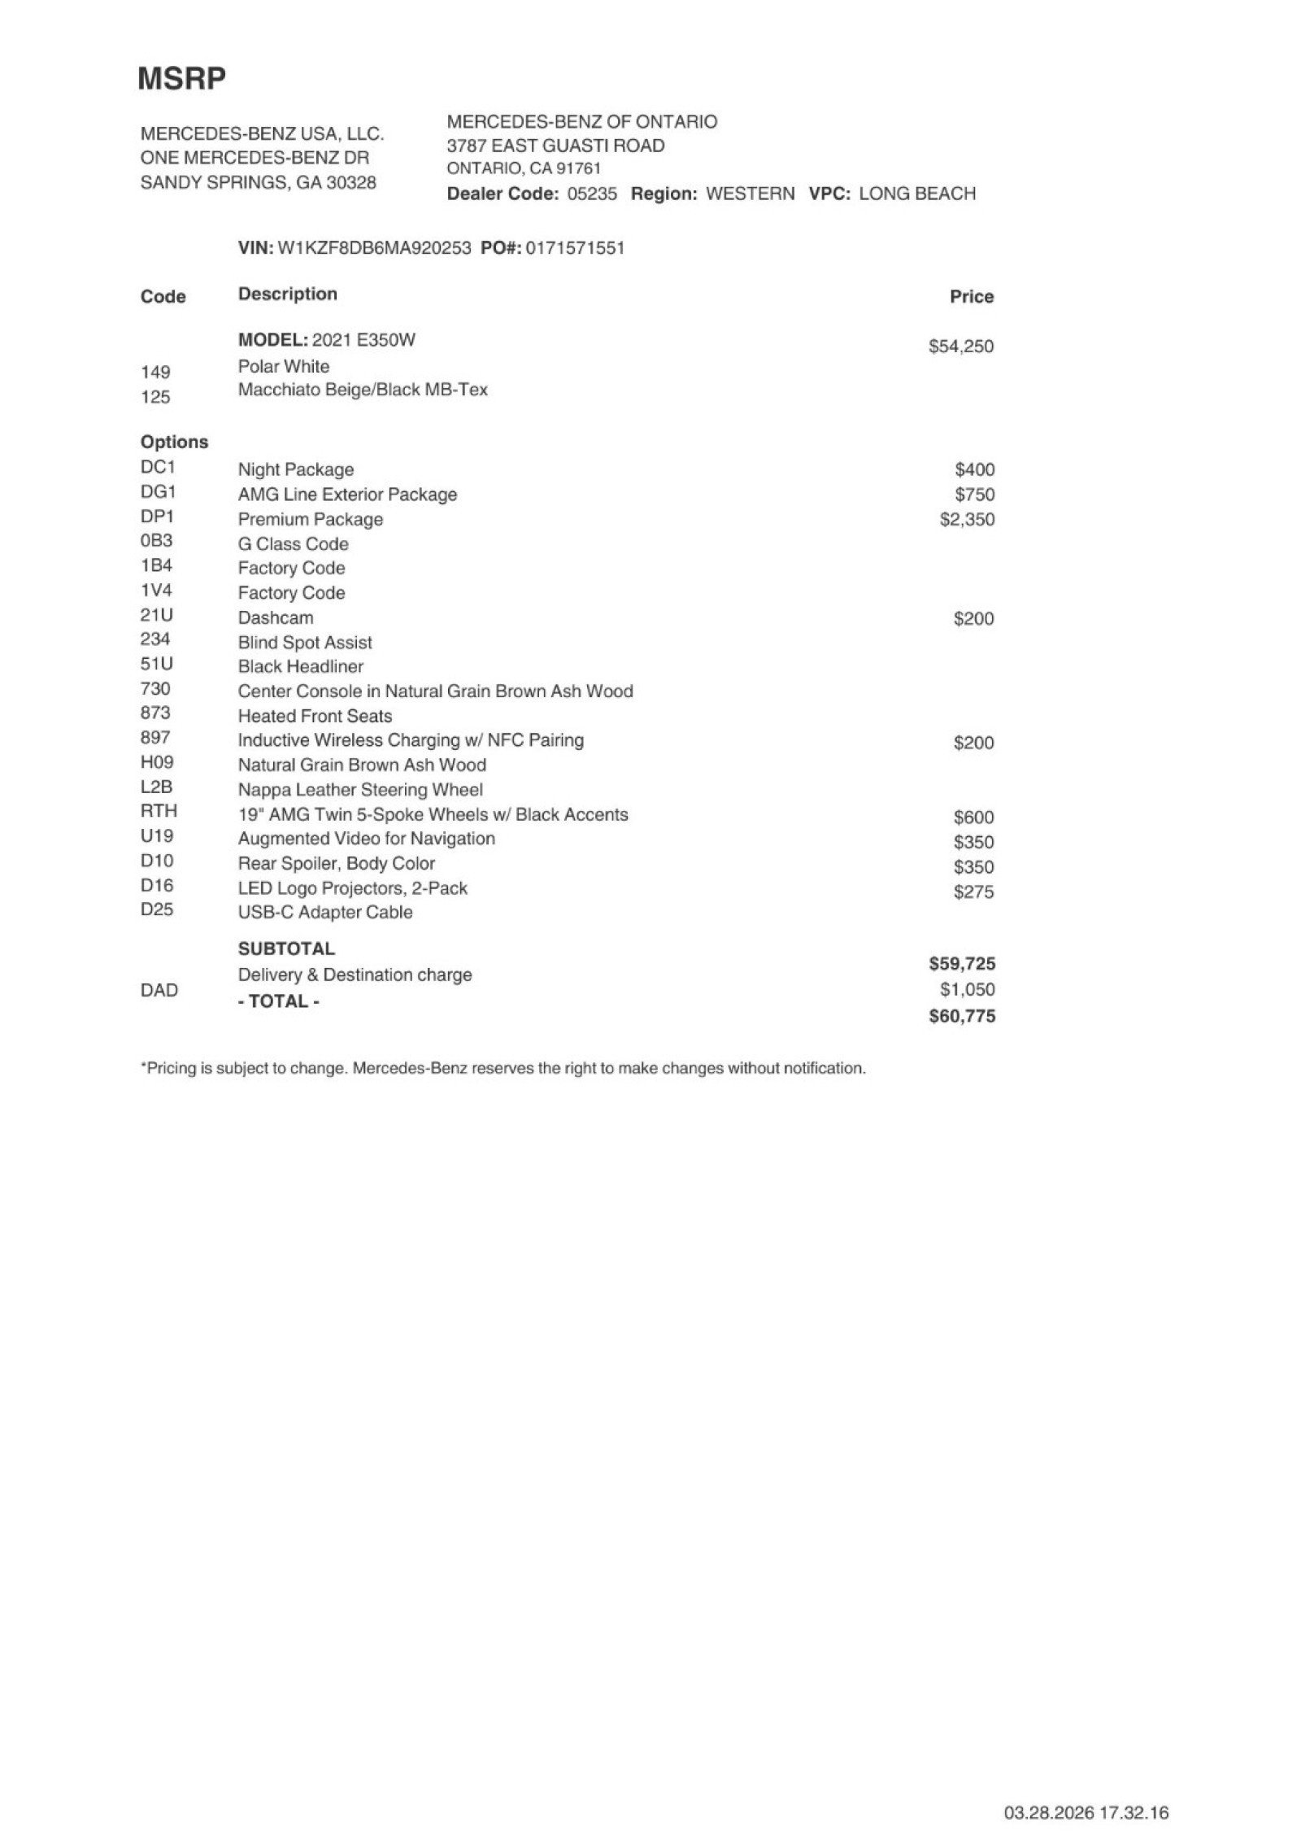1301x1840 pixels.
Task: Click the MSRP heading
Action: [x=181, y=79]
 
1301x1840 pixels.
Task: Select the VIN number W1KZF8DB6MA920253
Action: [x=374, y=248]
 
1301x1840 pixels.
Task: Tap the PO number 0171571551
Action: [x=575, y=248]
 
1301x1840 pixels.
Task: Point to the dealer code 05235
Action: [x=591, y=194]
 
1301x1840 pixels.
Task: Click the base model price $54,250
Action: [x=960, y=347]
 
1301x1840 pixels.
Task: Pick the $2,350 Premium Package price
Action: [x=966, y=520]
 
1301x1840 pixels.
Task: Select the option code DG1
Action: [x=158, y=492]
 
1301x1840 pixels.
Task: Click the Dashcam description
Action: [x=275, y=617]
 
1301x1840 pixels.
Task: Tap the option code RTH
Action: [x=159, y=811]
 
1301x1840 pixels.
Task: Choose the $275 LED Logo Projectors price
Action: [x=973, y=892]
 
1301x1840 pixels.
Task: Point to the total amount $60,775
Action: [x=961, y=1016]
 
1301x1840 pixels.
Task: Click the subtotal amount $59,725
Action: [x=961, y=964]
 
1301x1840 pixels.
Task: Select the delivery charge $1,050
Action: [x=967, y=990]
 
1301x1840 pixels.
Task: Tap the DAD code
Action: [x=159, y=990]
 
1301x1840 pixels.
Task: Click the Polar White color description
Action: [x=283, y=366]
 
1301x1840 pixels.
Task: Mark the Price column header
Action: [x=971, y=297]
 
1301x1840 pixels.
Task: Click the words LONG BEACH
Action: [x=916, y=194]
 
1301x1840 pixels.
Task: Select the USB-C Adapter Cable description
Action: [x=324, y=913]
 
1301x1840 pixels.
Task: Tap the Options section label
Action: [x=174, y=443]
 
